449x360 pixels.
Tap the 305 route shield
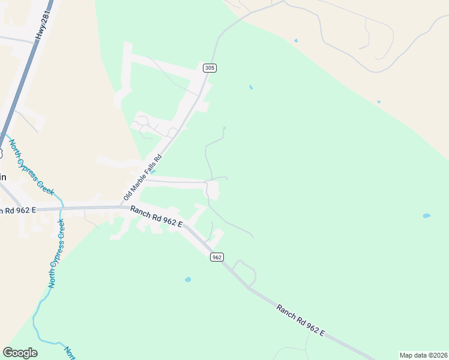click(x=209, y=68)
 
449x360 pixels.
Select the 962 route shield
click(x=217, y=257)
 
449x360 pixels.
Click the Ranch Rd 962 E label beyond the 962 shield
click(x=300, y=320)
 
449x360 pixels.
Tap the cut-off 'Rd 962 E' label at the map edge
click(x=18, y=210)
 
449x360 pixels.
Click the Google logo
click(x=20, y=353)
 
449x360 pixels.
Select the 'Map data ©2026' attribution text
click(x=423, y=355)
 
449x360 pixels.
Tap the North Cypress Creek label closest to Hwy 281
click(x=31, y=167)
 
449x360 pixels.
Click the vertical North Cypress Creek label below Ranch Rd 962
click(x=56, y=253)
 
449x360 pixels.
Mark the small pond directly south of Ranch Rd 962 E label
click(x=188, y=280)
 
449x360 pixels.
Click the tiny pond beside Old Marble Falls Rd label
click(x=154, y=172)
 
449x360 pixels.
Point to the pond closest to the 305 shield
click(x=251, y=88)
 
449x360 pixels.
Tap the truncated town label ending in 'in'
click(x=3, y=177)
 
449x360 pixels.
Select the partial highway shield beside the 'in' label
click(x=1, y=153)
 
